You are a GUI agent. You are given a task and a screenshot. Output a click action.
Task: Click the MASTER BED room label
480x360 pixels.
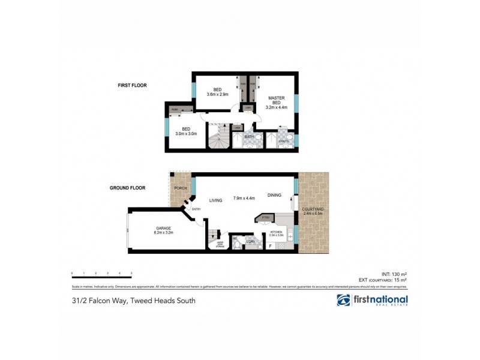277,103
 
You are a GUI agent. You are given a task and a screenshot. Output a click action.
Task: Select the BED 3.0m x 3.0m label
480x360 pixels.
187,130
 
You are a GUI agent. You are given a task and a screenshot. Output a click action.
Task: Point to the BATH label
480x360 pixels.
249,137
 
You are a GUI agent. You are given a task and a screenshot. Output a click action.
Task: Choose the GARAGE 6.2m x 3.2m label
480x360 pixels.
164,229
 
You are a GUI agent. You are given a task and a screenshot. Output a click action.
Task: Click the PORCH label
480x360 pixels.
180,188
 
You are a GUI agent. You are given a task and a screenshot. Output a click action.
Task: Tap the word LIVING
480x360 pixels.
216,201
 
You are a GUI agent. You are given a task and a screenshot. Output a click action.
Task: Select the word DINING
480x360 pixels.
274,195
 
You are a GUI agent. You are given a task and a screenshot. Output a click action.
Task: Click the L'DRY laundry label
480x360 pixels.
250,241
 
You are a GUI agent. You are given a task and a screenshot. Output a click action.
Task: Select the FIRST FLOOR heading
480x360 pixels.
132,86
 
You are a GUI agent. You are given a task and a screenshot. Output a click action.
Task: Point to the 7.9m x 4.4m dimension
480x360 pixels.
245,198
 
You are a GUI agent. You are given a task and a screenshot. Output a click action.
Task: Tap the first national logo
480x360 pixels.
372,301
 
